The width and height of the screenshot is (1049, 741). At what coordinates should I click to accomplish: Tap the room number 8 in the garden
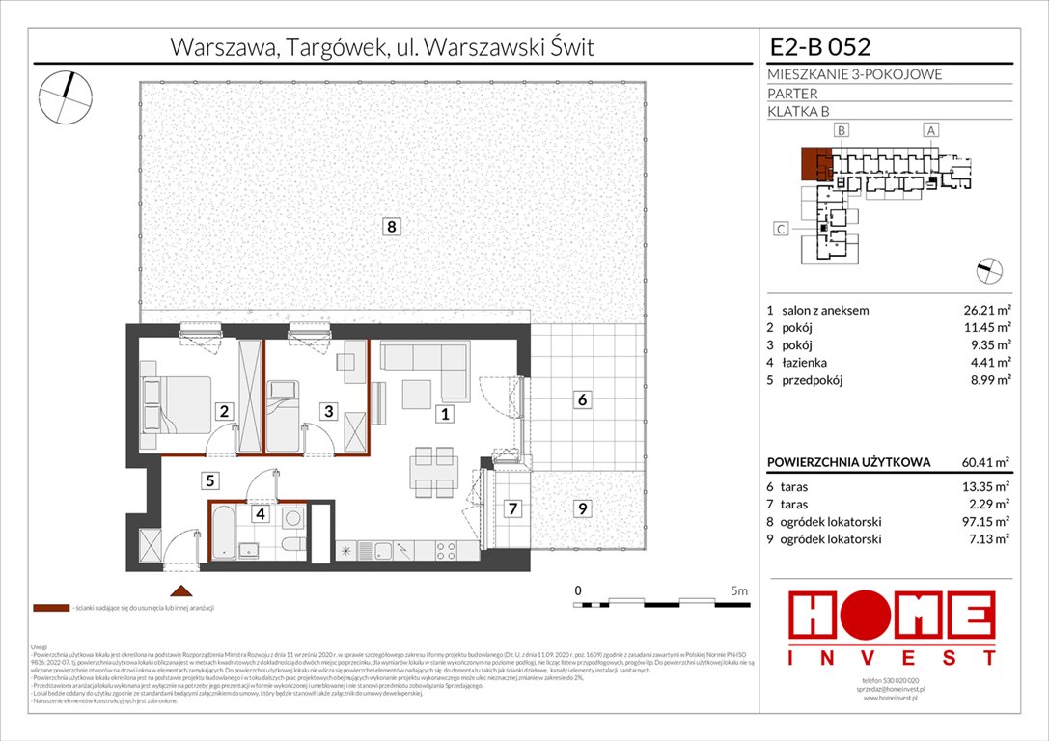click(390, 228)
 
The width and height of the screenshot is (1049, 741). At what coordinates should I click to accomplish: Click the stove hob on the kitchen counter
click(445, 551)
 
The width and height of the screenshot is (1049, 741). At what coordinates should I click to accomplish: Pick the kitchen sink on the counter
click(383, 551)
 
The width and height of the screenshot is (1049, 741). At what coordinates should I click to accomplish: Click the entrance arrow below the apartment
click(178, 590)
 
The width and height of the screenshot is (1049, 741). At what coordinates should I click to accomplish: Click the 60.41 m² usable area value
click(984, 462)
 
